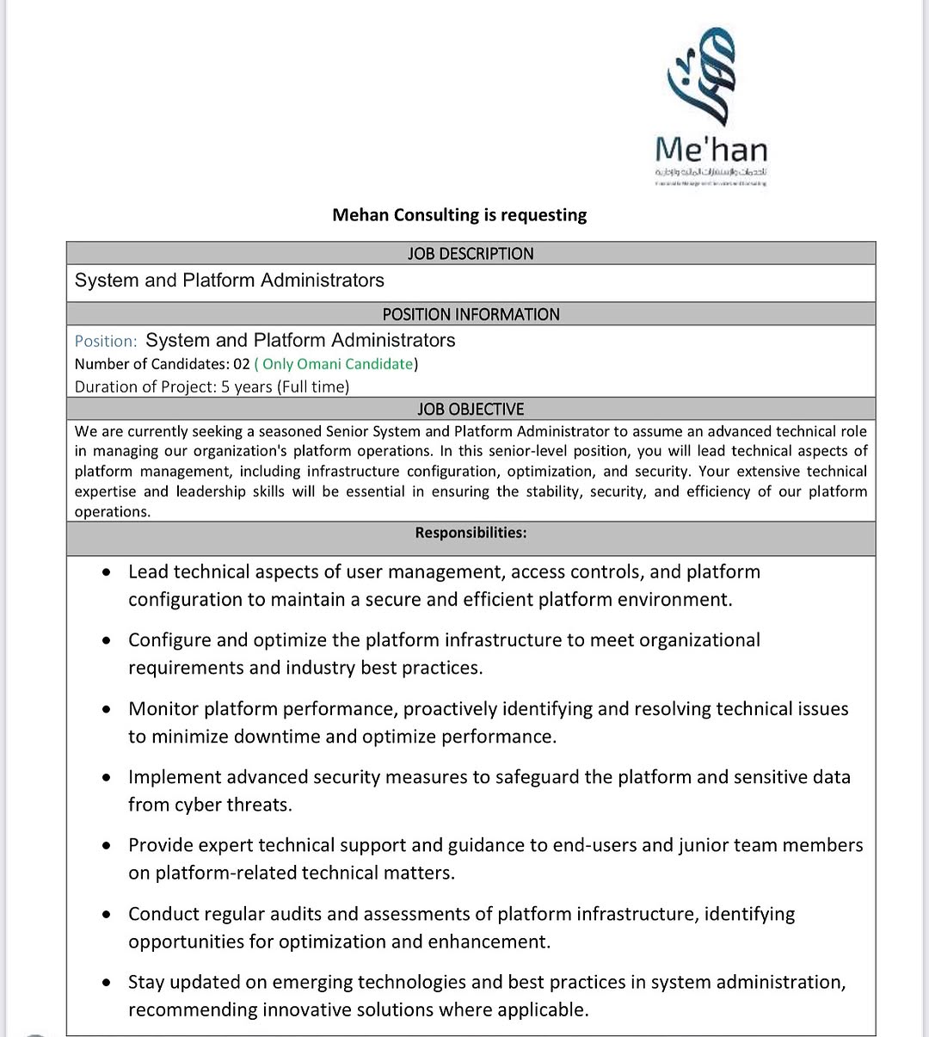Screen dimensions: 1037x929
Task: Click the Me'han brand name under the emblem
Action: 711,150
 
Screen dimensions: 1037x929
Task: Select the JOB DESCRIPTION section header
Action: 471,253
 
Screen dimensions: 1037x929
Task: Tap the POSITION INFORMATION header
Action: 471,314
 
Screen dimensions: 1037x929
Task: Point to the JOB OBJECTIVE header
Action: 471,409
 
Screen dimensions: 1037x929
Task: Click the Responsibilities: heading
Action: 471,533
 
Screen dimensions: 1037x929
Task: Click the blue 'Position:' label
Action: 106,341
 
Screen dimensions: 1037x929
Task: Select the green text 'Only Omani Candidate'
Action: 337,364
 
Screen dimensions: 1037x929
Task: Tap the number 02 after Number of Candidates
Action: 241,364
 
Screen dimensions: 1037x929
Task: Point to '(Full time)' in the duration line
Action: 313,386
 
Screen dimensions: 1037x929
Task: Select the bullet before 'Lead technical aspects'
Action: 106,572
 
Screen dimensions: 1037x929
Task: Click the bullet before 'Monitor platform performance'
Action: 106,710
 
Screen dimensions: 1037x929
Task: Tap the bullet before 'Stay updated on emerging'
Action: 106,983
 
